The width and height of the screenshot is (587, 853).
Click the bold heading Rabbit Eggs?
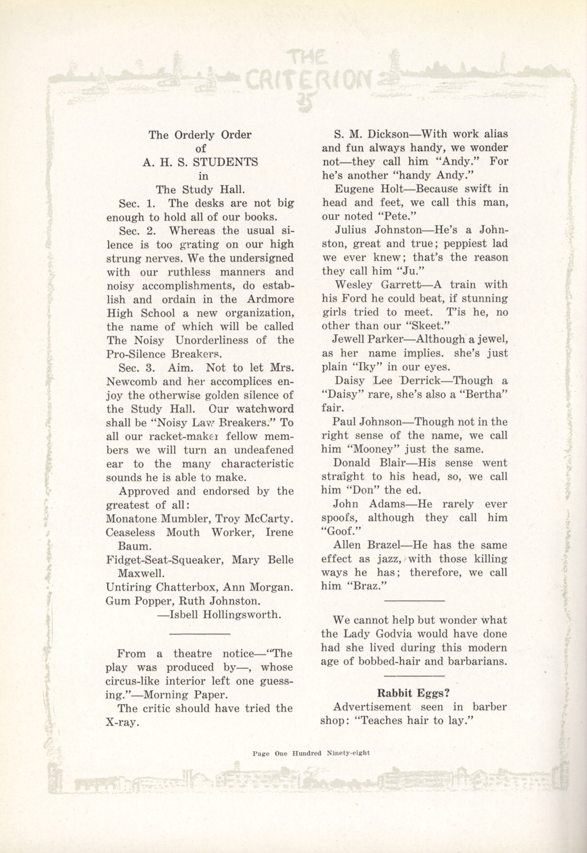(x=414, y=693)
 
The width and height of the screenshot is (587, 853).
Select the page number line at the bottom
(x=311, y=752)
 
